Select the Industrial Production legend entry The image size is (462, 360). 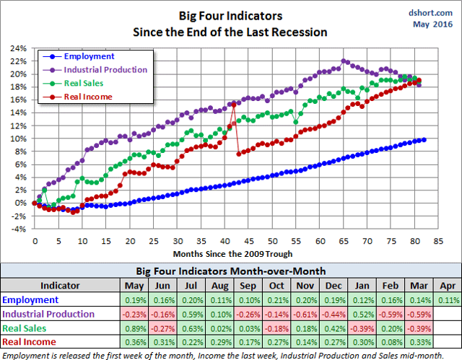tap(105, 69)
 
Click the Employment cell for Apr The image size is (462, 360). tap(445, 299)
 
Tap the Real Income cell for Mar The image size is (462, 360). tap(419, 341)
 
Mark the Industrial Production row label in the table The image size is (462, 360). tap(48, 314)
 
